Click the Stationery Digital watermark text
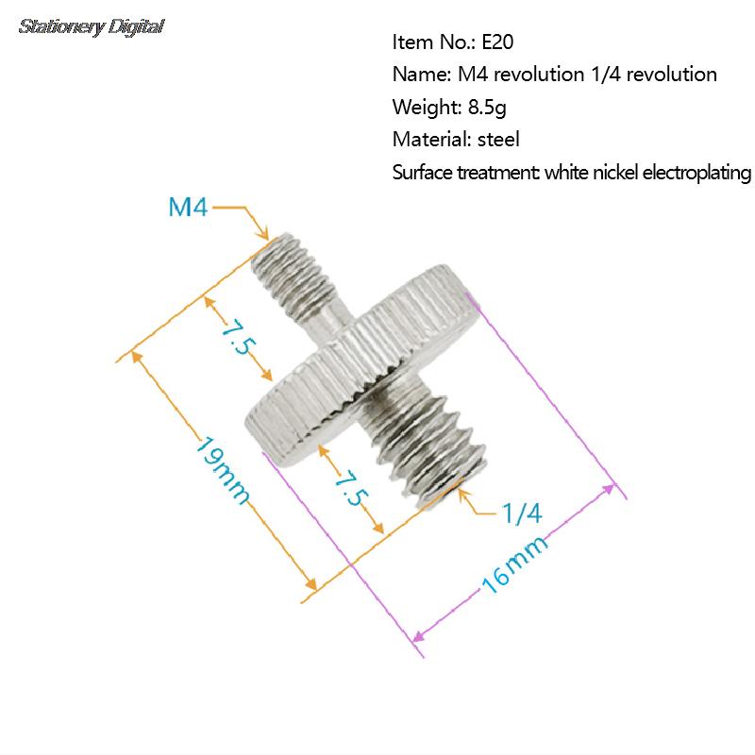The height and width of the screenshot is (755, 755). pyautogui.click(x=92, y=26)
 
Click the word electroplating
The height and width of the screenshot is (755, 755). pyautogui.click(x=694, y=173)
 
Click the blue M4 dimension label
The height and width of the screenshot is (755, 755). pyautogui.click(x=188, y=207)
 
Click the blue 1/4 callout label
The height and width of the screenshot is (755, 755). pyautogui.click(x=521, y=514)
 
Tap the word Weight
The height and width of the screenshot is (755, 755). pyautogui.click(x=422, y=107)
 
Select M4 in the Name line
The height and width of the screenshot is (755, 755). pyautogui.click(x=472, y=75)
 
